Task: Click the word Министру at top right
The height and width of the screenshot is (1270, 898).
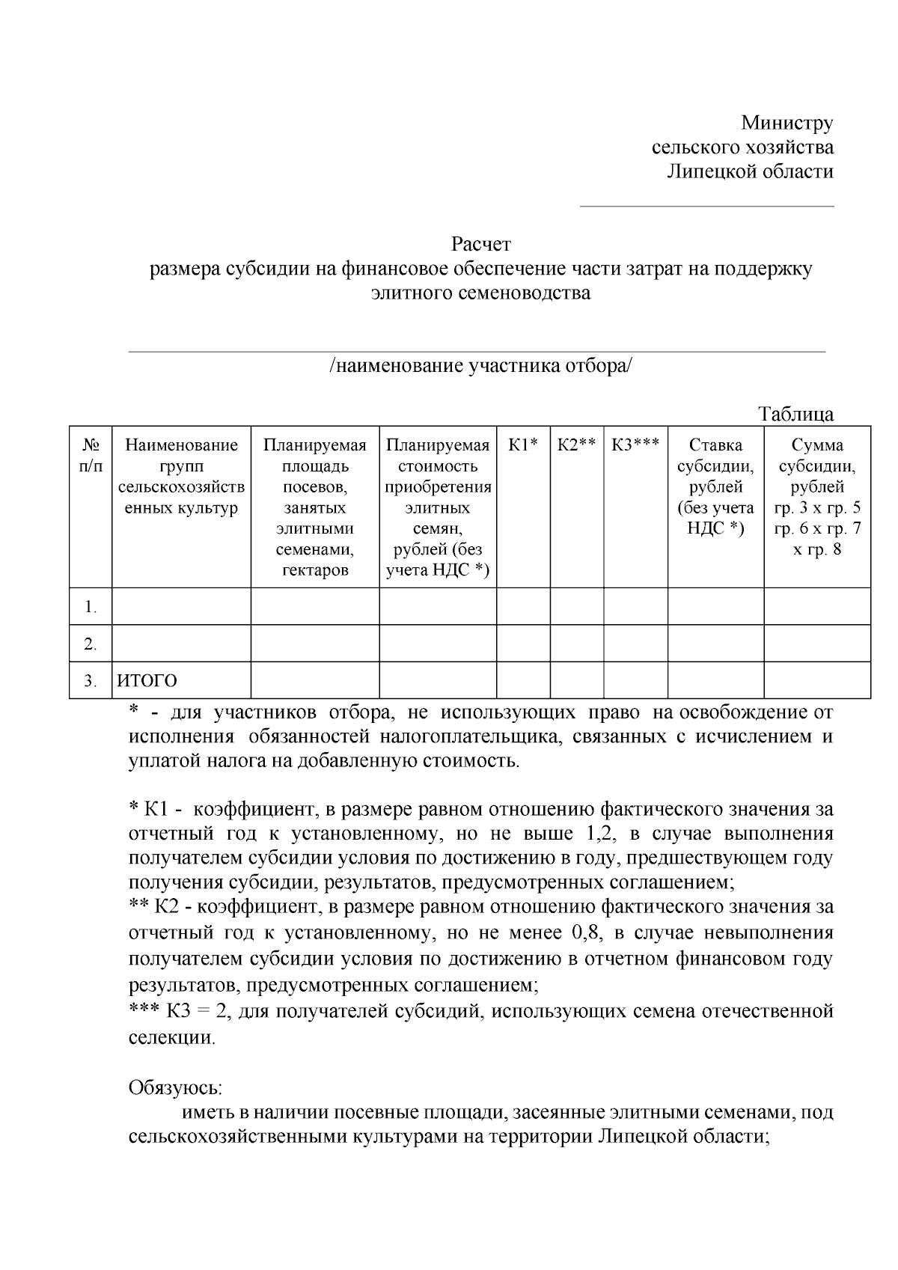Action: click(786, 122)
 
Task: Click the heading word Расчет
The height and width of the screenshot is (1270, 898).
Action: click(480, 244)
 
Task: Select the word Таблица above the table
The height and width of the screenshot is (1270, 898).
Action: click(795, 414)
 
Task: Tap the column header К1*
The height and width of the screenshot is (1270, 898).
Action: click(523, 445)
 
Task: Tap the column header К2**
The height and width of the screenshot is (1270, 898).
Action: click(576, 445)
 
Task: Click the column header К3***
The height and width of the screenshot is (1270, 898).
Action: click(635, 445)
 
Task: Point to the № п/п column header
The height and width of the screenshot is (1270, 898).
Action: click(91, 455)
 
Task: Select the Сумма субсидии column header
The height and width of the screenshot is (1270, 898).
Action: click(816, 497)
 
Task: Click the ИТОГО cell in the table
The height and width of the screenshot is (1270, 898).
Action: click(147, 681)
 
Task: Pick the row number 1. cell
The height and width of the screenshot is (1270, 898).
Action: click(91, 607)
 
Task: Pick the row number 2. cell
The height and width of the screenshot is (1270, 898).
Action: click(91, 644)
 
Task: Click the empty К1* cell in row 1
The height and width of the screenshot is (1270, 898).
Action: click(523, 606)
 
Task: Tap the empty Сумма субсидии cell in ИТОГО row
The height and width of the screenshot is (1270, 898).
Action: click(816, 680)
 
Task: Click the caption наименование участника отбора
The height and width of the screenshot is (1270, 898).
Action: click(480, 366)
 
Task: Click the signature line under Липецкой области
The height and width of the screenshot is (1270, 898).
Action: click(706, 205)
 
